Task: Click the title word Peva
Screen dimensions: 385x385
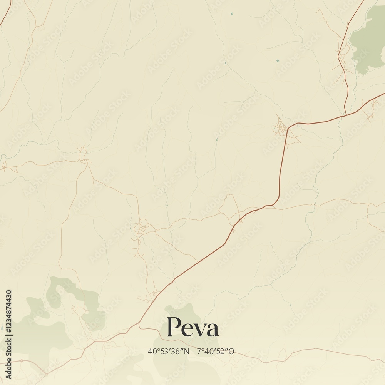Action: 192,328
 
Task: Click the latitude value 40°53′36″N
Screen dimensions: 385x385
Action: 169,352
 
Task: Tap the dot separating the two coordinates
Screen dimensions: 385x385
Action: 193,352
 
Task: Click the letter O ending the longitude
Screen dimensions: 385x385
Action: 232,352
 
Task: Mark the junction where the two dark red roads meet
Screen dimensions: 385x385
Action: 346,114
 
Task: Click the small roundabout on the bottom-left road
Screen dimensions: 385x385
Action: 22,361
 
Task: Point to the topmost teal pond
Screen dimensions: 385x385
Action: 231,14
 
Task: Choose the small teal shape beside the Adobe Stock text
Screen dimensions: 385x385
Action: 2,328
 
